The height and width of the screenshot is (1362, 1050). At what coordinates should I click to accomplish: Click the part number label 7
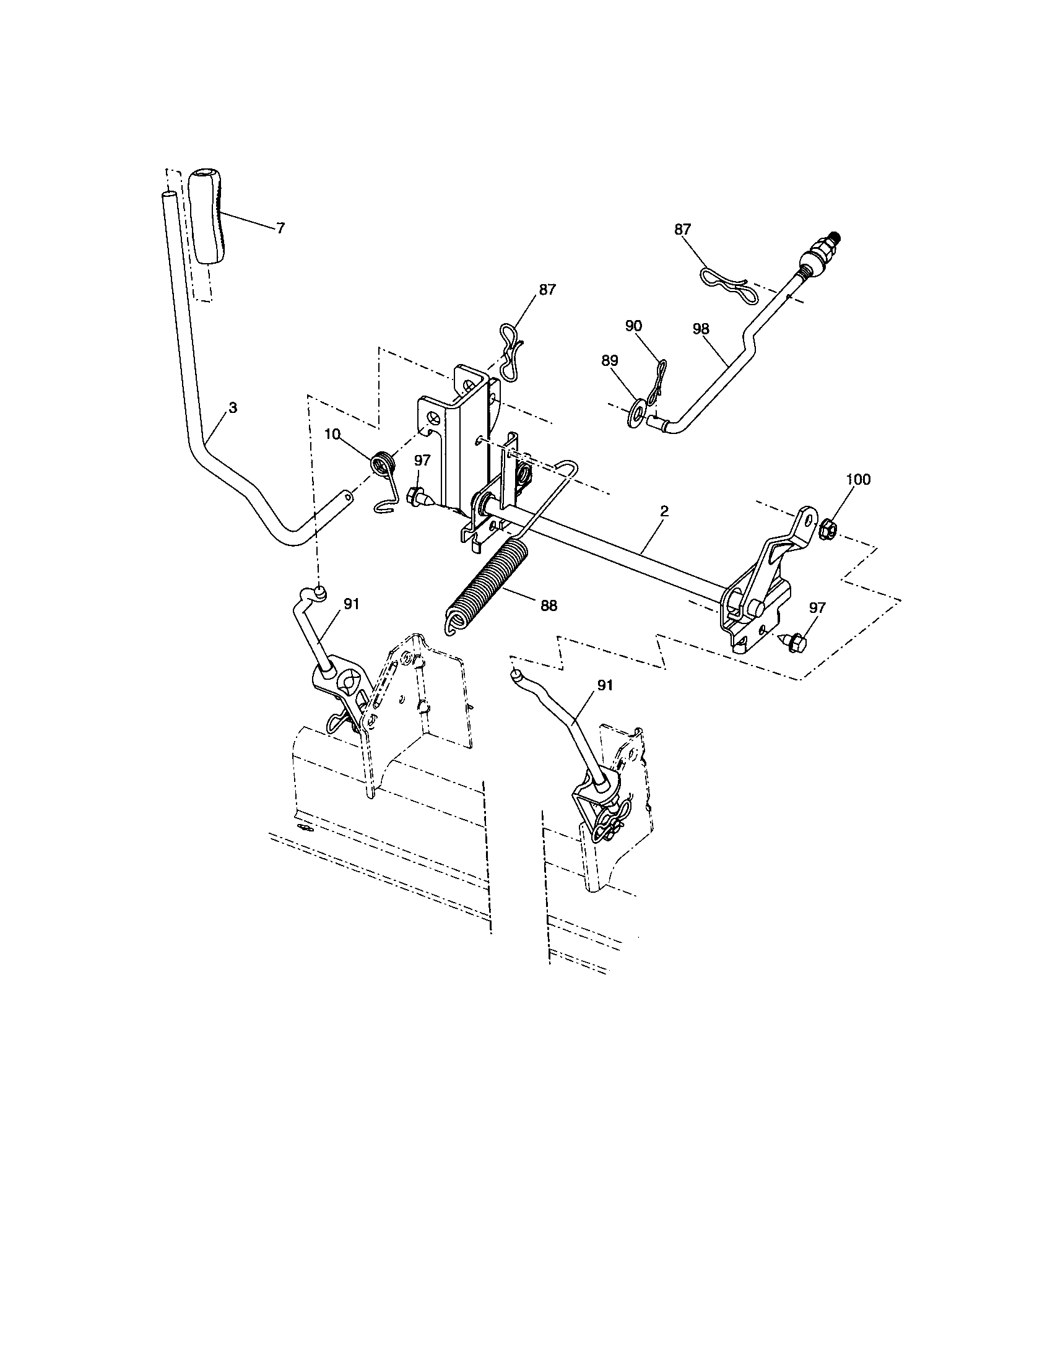coord(280,228)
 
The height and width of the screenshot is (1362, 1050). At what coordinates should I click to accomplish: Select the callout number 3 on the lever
coord(232,408)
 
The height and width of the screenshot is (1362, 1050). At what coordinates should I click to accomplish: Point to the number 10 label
coord(332,434)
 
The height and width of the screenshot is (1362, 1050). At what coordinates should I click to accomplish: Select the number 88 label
coord(549,605)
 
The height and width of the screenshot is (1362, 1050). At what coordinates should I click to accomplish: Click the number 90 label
coord(633,326)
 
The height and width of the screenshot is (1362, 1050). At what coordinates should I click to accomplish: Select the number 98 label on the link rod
coord(701,329)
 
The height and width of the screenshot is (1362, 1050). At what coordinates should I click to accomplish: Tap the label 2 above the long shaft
coord(664,511)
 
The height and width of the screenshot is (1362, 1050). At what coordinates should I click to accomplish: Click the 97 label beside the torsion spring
coord(422,460)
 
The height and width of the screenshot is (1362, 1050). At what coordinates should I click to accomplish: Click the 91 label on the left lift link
coord(352,604)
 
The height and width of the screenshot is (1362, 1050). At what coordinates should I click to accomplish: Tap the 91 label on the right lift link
coord(605,685)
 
